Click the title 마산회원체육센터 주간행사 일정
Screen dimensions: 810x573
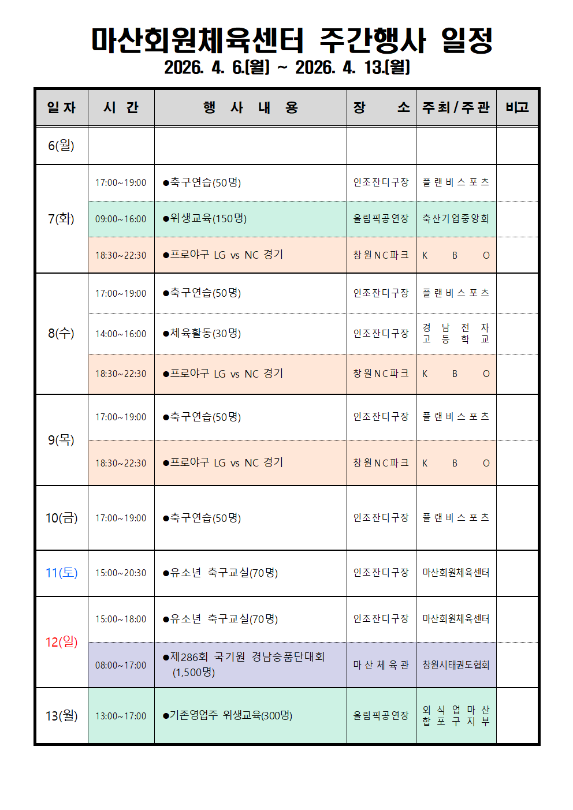(x=292, y=40)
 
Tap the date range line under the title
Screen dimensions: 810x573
(x=287, y=68)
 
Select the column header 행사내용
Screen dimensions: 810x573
(x=250, y=108)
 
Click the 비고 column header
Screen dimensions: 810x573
(x=517, y=107)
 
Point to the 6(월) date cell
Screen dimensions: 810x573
(x=61, y=145)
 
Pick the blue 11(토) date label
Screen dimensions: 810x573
(x=61, y=573)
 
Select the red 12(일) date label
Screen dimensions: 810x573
(x=61, y=642)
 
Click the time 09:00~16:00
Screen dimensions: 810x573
(x=121, y=219)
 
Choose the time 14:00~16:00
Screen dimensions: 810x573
(x=121, y=334)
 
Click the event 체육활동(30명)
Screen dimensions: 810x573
(x=205, y=334)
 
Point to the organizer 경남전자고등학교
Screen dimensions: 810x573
(x=456, y=334)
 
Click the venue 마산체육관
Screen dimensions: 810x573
(x=381, y=665)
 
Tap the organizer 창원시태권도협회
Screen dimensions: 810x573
(x=456, y=665)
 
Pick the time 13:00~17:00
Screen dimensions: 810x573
(x=121, y=716)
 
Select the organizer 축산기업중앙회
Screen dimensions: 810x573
(x=456, y=219)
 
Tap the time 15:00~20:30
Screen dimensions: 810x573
(x=121, y=573)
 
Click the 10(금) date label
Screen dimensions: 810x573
(x=61, y=518)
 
